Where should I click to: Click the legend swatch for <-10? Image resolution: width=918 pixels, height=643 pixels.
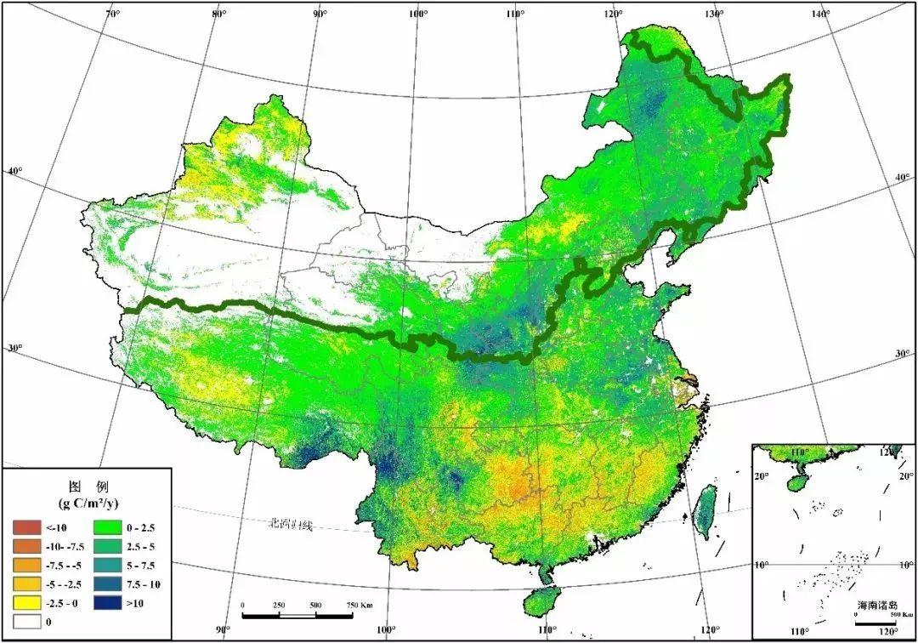tap(25, 527)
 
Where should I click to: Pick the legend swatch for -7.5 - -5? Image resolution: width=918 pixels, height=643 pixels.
tap(25, 565)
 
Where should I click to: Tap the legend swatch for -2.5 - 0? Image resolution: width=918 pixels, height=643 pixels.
tap(25, 602)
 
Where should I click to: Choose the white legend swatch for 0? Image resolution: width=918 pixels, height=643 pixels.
tap(25, 621)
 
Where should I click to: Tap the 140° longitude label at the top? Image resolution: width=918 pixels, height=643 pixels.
tap(819, 14)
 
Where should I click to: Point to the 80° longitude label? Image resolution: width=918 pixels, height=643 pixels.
tap(218, 14)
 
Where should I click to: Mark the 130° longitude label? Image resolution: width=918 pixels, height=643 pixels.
tap(713, 14)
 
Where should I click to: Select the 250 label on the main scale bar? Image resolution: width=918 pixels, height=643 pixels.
tap(279, 605)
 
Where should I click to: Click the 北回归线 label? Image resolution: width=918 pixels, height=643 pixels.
tap(288, 525)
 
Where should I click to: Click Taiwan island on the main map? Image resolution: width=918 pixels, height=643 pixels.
tap(704, 513)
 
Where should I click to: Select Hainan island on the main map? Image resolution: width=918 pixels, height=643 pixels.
tap(540, 601)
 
